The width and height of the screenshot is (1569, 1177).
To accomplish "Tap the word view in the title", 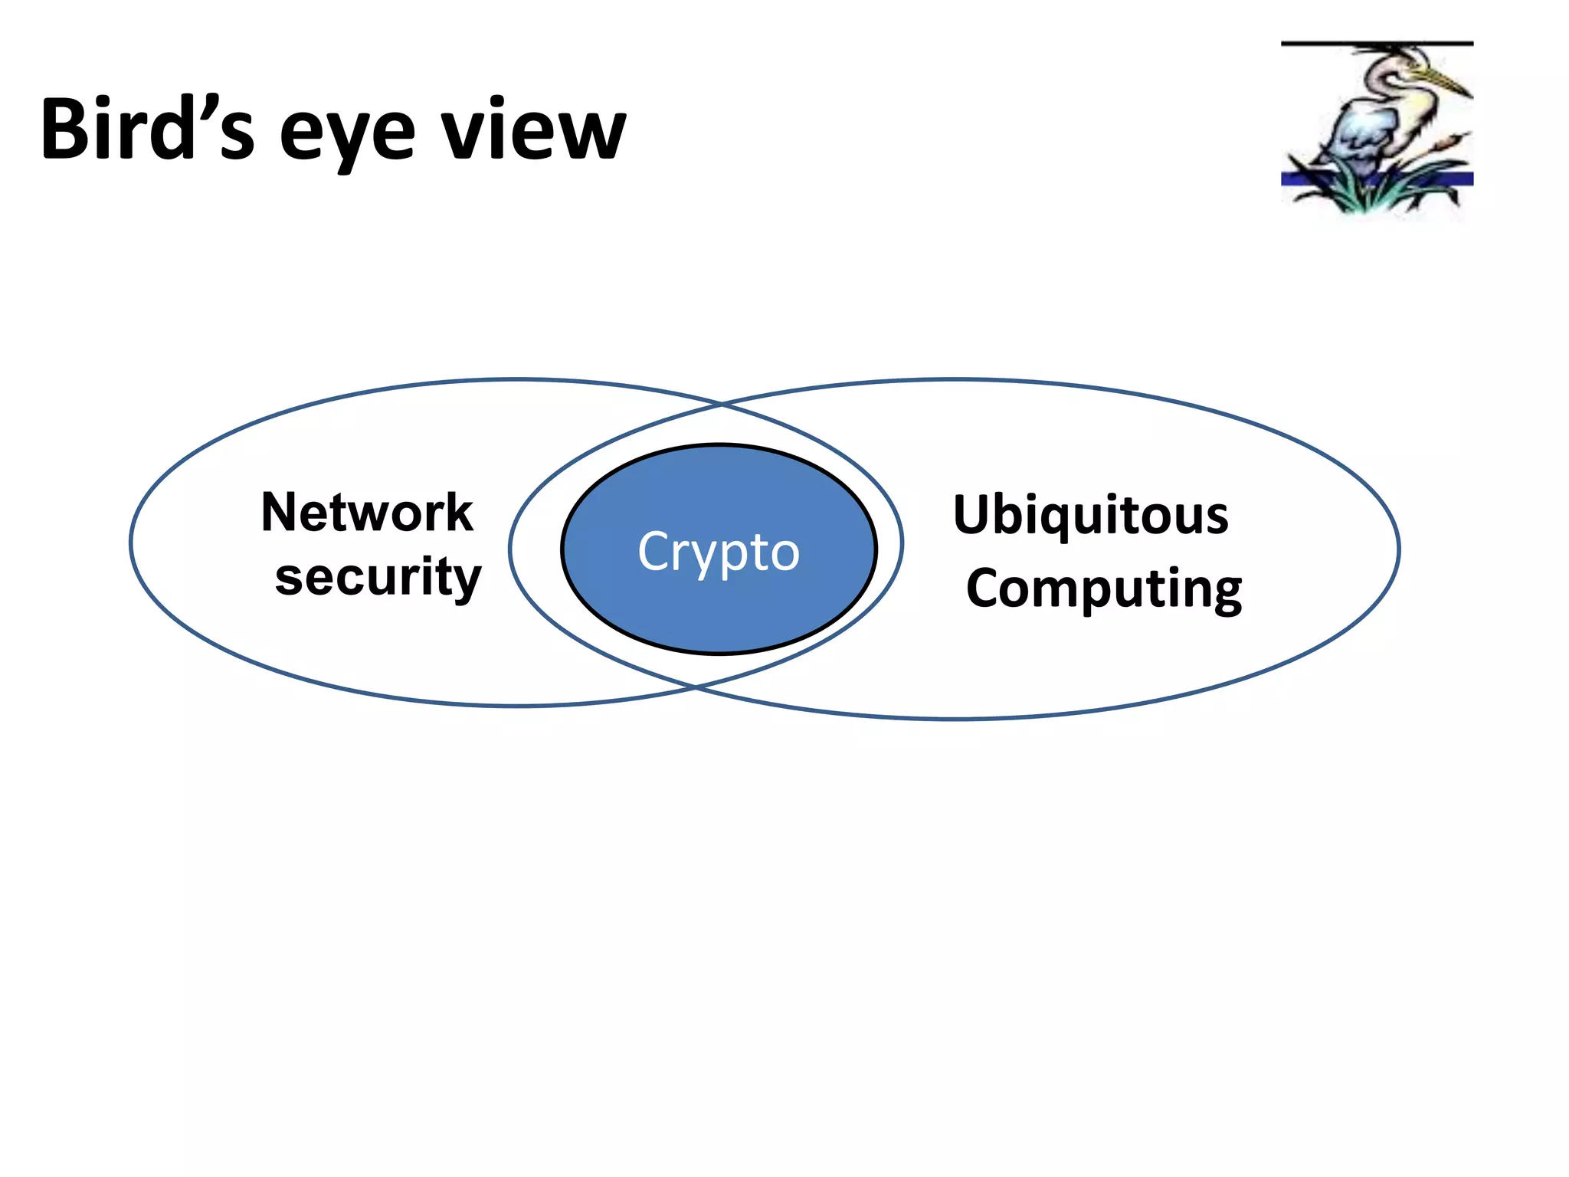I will pos(534,130).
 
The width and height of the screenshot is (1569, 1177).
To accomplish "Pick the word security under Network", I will pos(378,577).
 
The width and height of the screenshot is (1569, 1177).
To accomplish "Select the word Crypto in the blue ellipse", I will pos(719,551).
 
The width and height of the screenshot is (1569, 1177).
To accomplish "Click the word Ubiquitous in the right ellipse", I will pos(1091,515).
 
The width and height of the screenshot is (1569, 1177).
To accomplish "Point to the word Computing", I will pos(1104,588).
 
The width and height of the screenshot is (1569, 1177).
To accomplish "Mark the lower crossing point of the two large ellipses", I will pos(696,687).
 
